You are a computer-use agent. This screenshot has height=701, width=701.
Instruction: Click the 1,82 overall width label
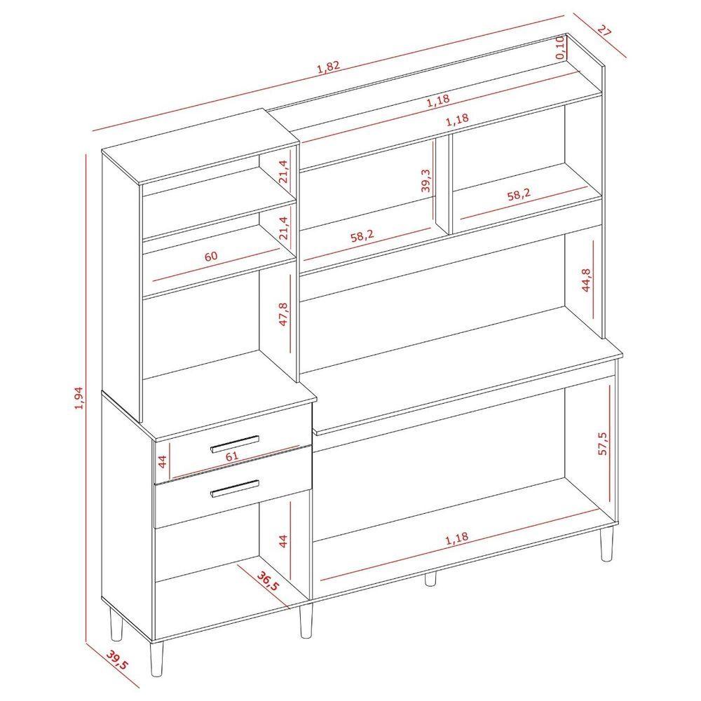pos(329,67)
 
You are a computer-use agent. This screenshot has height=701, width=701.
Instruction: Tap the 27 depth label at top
pos(604,32)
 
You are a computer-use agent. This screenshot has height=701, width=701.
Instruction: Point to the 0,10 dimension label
pos(559,48)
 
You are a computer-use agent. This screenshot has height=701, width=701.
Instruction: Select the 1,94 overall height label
pos(79,398)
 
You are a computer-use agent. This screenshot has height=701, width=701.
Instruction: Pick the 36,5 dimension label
pos(267,580)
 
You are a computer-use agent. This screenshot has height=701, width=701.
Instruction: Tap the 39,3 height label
pos(426,180)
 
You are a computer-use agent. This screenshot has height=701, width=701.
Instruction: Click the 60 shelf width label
pos(211,256)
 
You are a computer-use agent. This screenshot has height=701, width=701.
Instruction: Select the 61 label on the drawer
pos(232,456)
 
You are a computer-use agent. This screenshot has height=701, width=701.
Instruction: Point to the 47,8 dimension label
pos(283,314)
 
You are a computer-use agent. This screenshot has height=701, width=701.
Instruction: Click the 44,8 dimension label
pos(586,280)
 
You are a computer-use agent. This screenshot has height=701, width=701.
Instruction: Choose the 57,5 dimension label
pos(603,444)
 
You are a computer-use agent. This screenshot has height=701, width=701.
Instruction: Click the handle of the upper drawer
pos(235,444)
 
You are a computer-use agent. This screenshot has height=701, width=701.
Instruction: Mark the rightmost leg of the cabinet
pos(606,544)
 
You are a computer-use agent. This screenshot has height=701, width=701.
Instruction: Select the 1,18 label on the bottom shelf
pos(456,538)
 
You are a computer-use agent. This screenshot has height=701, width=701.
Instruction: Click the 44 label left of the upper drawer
pos(163,461)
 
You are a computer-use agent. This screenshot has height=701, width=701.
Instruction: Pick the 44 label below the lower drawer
pos(283,541)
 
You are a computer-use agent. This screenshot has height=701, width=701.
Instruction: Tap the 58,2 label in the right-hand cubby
pos(519,194)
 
